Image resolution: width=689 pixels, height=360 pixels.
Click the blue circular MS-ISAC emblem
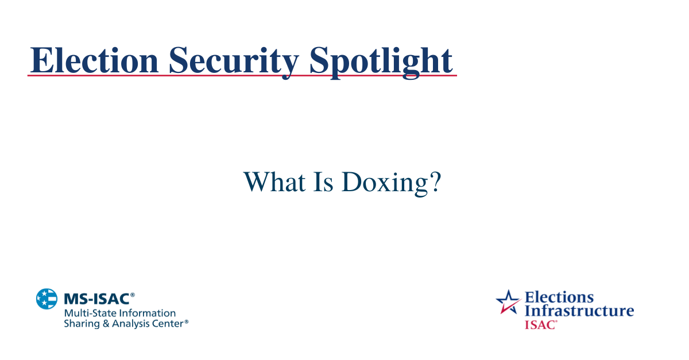pyautogui.click(x=47, y=299)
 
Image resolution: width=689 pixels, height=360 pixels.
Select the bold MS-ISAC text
pyautogui.click(x=96, y=299)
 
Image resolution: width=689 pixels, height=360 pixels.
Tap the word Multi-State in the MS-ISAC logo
pyautogui.click(x=87, y=313)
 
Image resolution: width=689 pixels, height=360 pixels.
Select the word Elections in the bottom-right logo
pyautogui.click(x=559, y=297)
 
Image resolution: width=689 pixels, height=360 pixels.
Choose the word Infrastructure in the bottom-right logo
pyautogui.click(x=579, y=311)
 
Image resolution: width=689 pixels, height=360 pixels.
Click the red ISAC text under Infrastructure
pyautogui.click(x=540, y=324)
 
